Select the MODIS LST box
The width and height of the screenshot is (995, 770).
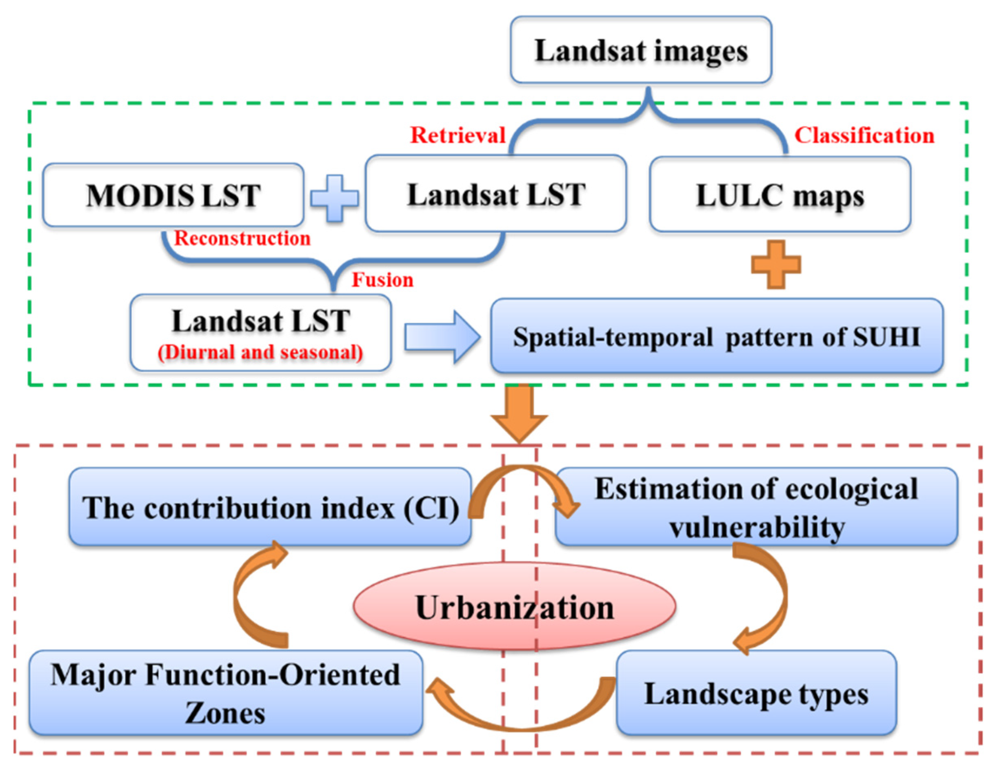pyautogui.click(x=173, y=195)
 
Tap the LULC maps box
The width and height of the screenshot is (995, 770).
pyautogui.click(x=780, y=195)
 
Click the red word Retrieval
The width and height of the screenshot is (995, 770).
pyautogui.click(x=458, y=135)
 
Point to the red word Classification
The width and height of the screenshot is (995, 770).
pyautogui.click(x=864, y=135)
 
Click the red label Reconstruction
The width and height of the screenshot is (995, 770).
pyautogui.click(x=242, y=238)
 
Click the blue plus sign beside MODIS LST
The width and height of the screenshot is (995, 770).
pyautogui.click(x=334, y=198)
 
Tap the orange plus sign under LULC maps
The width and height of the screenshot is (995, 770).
pyautogui.click(x=775, y=264)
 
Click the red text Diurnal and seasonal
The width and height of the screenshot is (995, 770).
pyautogui.click(x=260, y=352)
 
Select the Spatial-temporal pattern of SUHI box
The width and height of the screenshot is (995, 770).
pyautogui.click(x=716, y=337)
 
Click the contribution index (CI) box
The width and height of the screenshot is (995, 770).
pyautogui.click(x=270, y=507)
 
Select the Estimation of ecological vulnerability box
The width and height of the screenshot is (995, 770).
pyautogui.click(x=756, y=507)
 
